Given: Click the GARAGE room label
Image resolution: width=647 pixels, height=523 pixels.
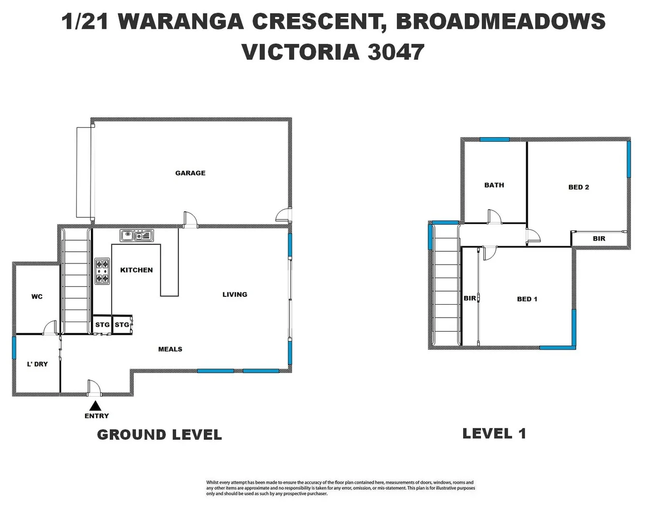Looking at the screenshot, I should [190, 173].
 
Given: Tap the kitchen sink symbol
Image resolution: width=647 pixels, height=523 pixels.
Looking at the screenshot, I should [137, 236].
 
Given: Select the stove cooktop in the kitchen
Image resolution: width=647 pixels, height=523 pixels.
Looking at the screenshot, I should [102, 271].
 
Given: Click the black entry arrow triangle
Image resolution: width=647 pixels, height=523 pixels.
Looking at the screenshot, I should [96, 406].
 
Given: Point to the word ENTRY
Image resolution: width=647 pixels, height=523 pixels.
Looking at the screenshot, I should [97, 416].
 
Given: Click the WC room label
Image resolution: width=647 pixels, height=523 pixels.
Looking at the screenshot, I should [37, 296].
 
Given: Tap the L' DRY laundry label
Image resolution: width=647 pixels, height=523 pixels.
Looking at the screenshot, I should [37, 364].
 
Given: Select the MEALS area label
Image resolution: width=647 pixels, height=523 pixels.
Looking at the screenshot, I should [170, 349].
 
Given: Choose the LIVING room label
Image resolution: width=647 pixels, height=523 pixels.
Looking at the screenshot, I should [235, 294].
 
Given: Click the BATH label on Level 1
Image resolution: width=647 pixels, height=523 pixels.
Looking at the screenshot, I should [494, 185].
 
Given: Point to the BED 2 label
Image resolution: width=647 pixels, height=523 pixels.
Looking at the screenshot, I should [578, 187].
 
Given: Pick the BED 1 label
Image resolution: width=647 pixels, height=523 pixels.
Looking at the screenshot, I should [527, 299].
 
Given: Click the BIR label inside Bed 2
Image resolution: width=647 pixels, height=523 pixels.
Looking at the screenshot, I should [599, 239].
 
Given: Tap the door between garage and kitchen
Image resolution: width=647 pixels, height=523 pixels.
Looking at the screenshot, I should [190, 219].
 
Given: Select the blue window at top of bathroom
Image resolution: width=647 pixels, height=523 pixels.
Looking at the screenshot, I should [494, 139].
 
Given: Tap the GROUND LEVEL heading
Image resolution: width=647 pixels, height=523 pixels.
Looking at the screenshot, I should [159, 435].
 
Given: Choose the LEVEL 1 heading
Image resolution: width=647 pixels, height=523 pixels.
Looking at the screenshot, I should [494, 433].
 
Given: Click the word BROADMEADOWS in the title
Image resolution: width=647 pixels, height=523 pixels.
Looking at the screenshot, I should [500, 22].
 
